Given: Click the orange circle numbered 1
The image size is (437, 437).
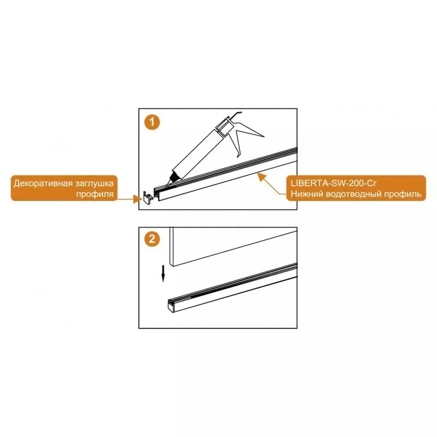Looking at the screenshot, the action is click(x=152, y=122).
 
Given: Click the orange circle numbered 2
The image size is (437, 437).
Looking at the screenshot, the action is click(x=152, y=239).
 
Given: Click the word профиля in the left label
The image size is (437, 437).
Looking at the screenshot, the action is click(x=95, y=194).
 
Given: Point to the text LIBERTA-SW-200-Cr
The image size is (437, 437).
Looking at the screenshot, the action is click(x=333, y=184).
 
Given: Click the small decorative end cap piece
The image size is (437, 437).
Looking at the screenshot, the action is click(x=147, y=198).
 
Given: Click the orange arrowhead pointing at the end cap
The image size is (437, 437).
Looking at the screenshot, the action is click(x=138, y=199).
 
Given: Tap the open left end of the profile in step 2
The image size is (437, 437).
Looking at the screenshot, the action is click(x=171, y=306).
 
